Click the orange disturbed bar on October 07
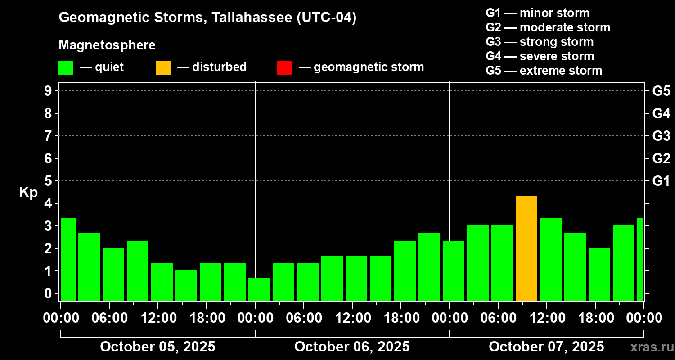(526, 248)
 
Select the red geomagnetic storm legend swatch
(284, 67)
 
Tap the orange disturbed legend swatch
(163, 67)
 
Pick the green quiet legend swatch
(66, 67)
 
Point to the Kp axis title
(28, 193)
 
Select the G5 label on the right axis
(661, 91)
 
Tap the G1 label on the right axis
(661, 181)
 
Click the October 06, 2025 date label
(352, 347)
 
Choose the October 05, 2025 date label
(157, 347)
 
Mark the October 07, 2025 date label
(546, 347)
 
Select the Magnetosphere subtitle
(107, 45)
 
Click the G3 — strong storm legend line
(540, 42)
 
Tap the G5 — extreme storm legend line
(544, 71)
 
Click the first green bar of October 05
(68, 259)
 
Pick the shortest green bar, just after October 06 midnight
(259, 289)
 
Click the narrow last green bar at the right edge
(640, 259)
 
